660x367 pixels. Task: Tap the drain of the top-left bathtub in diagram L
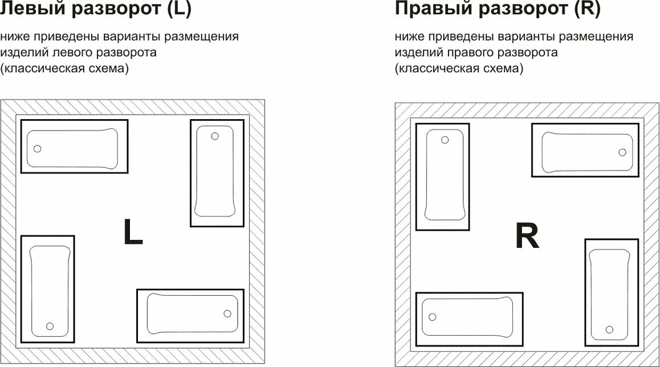pyautogui.click(x=38, y=149)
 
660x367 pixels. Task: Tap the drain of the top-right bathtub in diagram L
pyautogui.click(x=215, y=136)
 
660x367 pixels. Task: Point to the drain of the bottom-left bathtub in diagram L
pyautogui.click(x=50, y=326)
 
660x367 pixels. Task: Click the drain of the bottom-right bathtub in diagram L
pyautogui.click(x=227, y=313)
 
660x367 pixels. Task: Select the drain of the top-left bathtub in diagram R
pyautogui.click(x=445, y=140)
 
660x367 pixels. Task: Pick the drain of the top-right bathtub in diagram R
pyautogui.click(x=622, y=152)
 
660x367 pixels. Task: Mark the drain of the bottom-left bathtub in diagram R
pyautogui.click(x=432, y=317)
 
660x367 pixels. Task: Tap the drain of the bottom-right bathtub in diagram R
pyautogui.click(x=609, y=329)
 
